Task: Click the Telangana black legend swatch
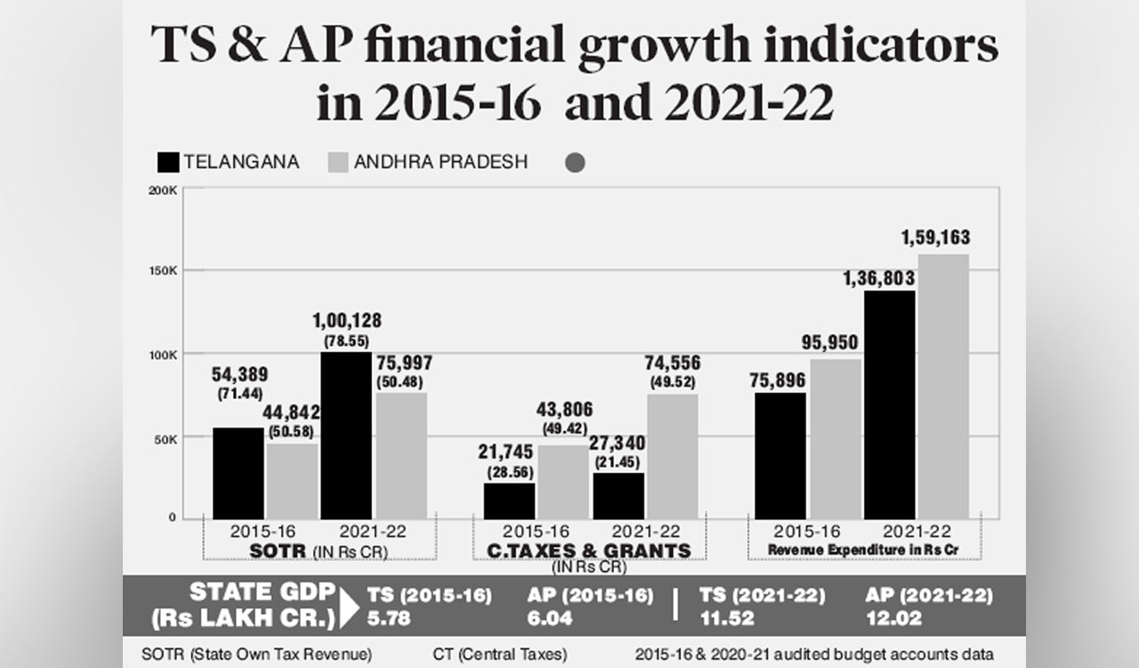(168, 162)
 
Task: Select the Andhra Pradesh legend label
(440, 162)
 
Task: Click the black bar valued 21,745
(509, 501)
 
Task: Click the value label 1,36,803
(878, 280)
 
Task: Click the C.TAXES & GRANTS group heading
(589, 551)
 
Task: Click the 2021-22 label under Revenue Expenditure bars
(917, 531)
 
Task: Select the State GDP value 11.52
(727, 618)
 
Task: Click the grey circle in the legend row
(575, 163)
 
